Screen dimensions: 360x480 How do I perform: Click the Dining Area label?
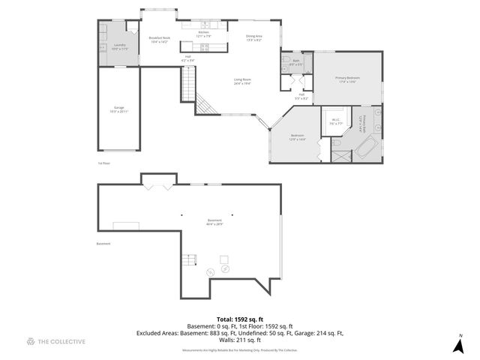coord(254,38)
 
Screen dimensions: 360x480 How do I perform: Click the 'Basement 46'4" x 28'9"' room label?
coord(214,222)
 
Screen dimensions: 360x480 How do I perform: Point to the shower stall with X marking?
coord(340,157)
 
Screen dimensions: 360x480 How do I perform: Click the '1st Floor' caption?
coord(103,163)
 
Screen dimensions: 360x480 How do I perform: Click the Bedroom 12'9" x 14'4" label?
coord(298,138)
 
